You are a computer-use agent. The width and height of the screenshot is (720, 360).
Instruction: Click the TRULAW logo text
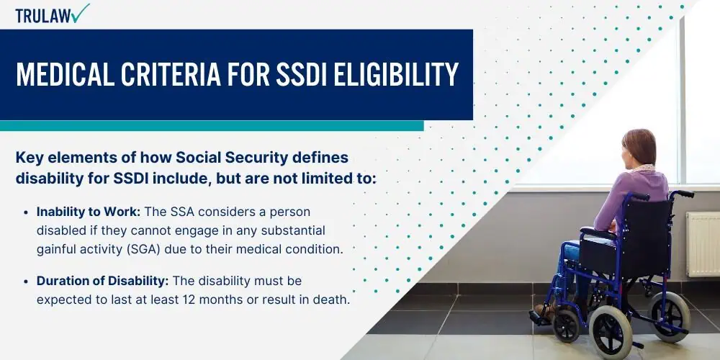[x=43, y=16]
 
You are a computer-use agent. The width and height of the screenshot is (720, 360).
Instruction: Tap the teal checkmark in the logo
[x=81, y=13]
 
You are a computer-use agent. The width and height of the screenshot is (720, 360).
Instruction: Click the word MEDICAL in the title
[x=65, y=74]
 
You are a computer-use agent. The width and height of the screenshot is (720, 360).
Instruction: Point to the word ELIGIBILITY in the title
[x=396, y=74]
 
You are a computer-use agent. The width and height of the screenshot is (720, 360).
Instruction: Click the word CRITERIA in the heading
[x=171, y=74]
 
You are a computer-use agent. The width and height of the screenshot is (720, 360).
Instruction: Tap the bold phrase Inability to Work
[x=90, y=212]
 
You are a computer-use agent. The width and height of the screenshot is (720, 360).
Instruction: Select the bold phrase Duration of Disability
[x=103, y=281]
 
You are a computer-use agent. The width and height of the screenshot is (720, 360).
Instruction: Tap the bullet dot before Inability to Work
[x=26, y=212]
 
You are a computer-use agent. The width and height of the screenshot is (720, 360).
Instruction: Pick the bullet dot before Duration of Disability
[x=26, y=281]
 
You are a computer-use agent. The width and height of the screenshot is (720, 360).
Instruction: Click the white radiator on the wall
[x=703, y=244]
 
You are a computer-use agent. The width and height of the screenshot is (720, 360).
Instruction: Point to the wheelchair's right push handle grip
[x=684, y=194]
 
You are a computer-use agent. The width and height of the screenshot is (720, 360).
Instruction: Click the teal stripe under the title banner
[x=212, y=126]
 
